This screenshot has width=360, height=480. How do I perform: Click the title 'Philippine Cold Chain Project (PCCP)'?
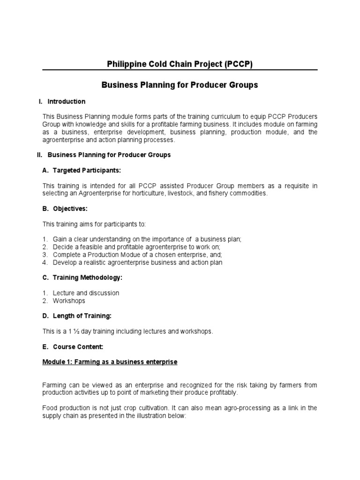pyautogui.click(x=180, y=65)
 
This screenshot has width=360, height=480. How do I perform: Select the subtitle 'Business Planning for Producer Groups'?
pyautogui.click(x=180, y=85)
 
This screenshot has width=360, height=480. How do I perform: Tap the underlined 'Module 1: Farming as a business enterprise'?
pyautogui.click(x=110, y=362)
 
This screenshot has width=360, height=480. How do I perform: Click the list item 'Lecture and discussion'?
pyautogui.click(x=86, y=293)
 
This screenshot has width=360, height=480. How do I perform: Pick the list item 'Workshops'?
pyautogui.click(x=69, y=301)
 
